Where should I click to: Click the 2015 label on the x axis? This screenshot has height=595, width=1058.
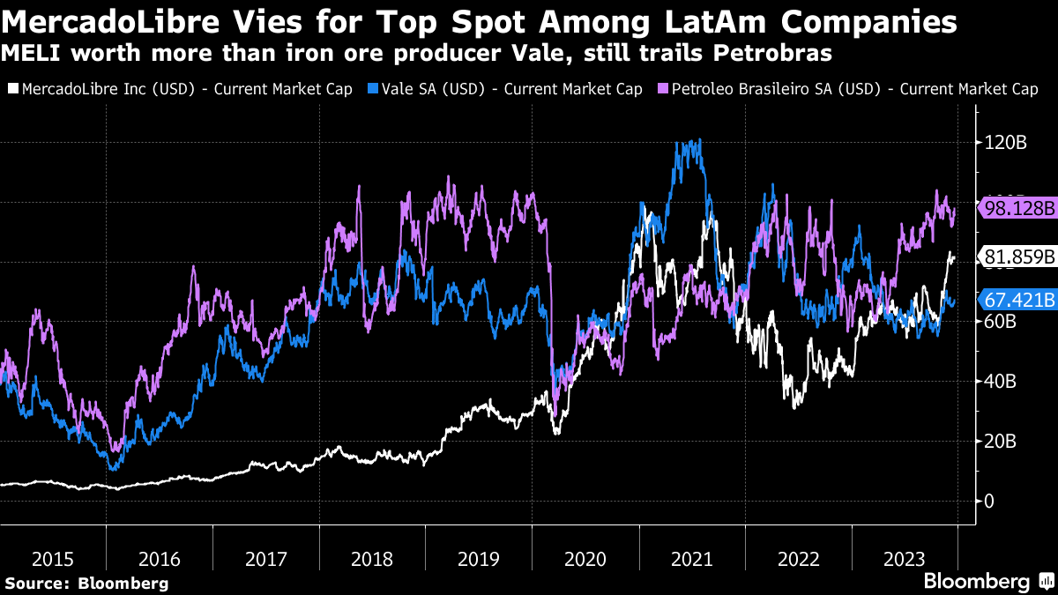tap(52, 559)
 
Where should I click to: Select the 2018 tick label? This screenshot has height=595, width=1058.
tap(372, 559)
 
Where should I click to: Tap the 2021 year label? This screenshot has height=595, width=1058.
tap(691, 559)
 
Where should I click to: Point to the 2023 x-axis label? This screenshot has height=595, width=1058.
tap(905, 559)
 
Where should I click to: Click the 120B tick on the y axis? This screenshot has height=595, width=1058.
tap(1004, 143)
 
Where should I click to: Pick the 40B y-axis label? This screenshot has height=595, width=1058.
tap(1000, 382)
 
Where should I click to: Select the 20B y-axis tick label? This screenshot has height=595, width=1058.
tap(1000, 442)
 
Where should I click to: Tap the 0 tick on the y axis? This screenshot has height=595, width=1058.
tap(989, 502)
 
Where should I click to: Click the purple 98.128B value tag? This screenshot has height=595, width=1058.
tap(1018, 208)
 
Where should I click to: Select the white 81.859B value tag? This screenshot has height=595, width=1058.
tap(1018, 257)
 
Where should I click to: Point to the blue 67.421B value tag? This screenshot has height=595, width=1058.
tap(1018, 301)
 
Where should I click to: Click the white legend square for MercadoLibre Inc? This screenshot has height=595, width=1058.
tap(11, 89)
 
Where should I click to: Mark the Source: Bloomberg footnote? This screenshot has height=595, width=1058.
tap(86, 583)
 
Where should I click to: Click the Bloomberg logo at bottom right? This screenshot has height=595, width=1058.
tap(987, 582)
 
